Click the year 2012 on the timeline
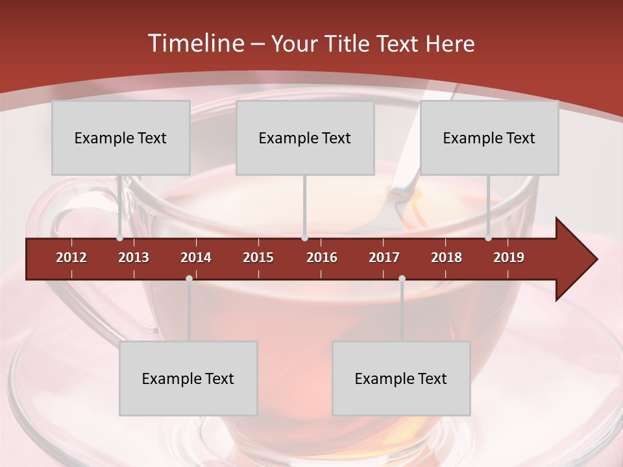point(71,257)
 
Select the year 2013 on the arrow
point(134,257)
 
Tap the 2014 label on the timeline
point(196,257)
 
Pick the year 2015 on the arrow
point(258,257)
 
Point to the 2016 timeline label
point(322,257)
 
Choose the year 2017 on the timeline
point(384,257)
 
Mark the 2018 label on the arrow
point(446,257)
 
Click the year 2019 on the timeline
point(509,257)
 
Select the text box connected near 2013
point(121,138)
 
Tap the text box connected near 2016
point(305,138)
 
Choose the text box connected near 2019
point(489,138)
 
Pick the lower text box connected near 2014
point(188,378)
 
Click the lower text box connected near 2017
point(401,378)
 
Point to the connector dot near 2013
point(120,238)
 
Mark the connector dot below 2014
point(189,279)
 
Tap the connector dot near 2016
point(304,238)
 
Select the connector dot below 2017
point(402,279)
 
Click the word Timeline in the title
point(195,43)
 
